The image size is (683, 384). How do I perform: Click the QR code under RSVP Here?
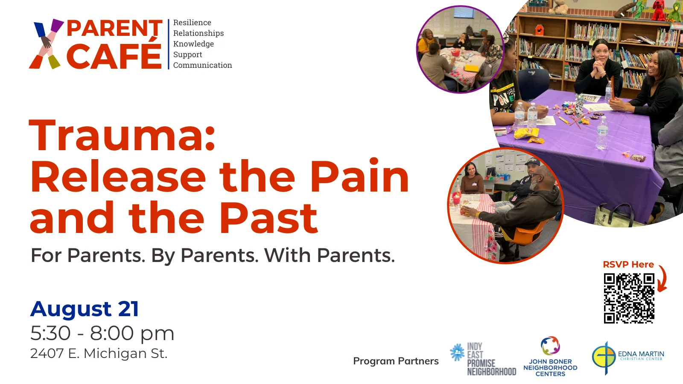[629, 298]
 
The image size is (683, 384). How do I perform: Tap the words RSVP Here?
[628, 264]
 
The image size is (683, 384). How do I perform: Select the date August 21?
[85, 310]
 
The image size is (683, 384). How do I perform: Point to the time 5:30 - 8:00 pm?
[102, 333]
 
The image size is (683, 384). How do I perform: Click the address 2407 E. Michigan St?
[99, 353]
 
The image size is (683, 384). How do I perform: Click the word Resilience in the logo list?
[192, 23]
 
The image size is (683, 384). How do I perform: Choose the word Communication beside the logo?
[202, 65]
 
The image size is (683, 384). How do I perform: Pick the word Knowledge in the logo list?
[193, 44]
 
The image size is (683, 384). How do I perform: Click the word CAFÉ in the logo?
[114, 55]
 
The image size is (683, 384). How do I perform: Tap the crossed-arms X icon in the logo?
[47, 44]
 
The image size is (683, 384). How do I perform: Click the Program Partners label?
[396, 361]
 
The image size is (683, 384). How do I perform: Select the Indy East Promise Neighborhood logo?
[483, 359]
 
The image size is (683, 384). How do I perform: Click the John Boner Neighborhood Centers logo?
[550, 357]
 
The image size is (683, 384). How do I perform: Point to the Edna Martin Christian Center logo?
[628, 358]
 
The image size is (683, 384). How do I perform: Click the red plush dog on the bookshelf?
[658, 10]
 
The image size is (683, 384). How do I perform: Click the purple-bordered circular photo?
[460, 49]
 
